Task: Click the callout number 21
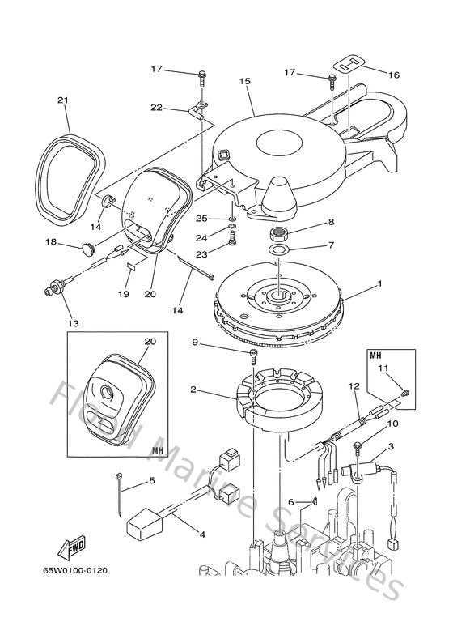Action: (61, 100)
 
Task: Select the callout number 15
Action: (244, 82)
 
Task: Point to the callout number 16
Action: (393, 75)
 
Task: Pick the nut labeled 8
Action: (281, 234)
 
